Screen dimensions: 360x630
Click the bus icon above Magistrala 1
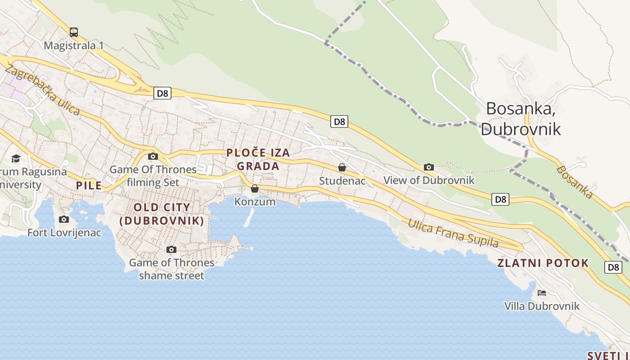pyautogui.click(x=74, y=32)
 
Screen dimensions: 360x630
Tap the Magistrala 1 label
pyautogui.click(x=74, y=45)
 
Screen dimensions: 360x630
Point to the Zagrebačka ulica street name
pyautogui.click(x=42, y=90)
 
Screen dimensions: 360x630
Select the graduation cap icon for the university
pyautogui.click(x=16, y=158)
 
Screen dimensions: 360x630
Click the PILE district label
pyautogui.click(x=89, y=185)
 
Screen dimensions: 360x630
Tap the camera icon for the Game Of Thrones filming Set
pyautogui.click(x=153, y=156)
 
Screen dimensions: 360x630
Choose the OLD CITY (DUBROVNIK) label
pyautogui.click(x=162, y=214)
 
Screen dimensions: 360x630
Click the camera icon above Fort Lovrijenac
pyautogui.click(x=64, y=219)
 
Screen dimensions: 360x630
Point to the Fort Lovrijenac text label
pyautogui.click(x=64, y=233)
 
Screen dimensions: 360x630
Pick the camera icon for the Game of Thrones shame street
pyautogui.click(x=171, y=249)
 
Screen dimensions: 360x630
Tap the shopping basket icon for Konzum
pyautogui.click(x=255, y=189)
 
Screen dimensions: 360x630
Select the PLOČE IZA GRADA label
pyautogui.click(x=258, y=159)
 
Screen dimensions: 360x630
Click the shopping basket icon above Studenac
pyautogui.click(x=342, y=167)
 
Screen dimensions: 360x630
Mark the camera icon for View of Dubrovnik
pyautogui.click(x=429, y=167)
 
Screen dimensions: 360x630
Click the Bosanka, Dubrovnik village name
pyautogui.click(x=521, y=119)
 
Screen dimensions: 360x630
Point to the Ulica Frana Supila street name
pyautogui.click(x=453, y=233)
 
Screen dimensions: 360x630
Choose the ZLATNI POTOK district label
pyautogui.click(x=543, y=263)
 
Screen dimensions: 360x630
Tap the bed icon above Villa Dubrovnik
pyautogui.click(x=542, y=293)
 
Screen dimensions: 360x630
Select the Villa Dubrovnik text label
pyautogui.click(x=542, y=306)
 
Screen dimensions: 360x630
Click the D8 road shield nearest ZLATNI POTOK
pyautogui.click(x=613, y=267)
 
